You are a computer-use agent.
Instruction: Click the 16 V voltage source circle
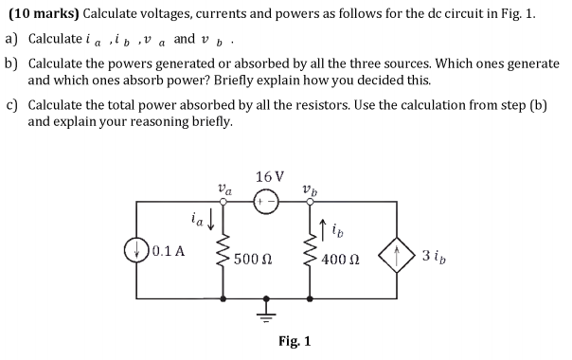point(265,201)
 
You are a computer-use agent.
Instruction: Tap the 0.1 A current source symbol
point(136,252)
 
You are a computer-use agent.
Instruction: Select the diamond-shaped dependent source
point(396,253)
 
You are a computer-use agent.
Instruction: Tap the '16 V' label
point(269,177)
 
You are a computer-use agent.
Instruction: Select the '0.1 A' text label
point(169,252)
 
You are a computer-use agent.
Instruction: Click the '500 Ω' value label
point(257,259)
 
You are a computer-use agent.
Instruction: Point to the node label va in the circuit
point(223,188)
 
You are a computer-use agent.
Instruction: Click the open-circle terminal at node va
point(223,201)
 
